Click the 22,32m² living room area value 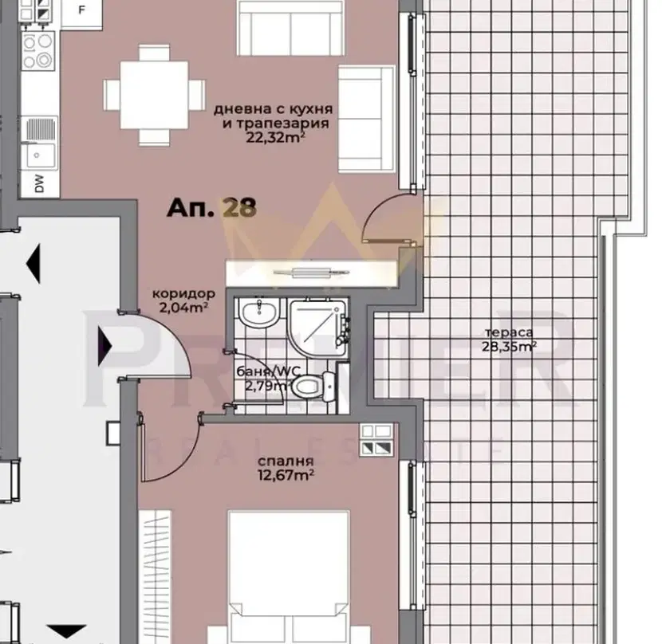pyautogui.click(x=275, y=138)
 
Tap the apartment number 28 pyautogui.click(x=239, y=208)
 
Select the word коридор pyautogui.click(x=183, y=293)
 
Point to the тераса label pyautogui.click(x=509, y=332)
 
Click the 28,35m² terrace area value pyautogui.click(x=509, y=347)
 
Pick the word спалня pyautogui.click(x=286, y=461)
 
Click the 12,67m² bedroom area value pyautogui.click(x=286, y=476)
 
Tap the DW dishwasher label pyautogui.click(x=39, y=184)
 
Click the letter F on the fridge pyautogui.click(x=82, y=10)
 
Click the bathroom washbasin pyautogui.click(x=258, y=312)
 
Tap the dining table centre pyautogui.click(x=154, y=95)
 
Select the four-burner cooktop pyautogui.click(x=37, y=51)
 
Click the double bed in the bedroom pyautogui.click(x=289, y=577)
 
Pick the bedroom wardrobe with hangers pyautogui.click(x=156, y=577)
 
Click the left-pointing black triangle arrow pyautogui.click(x=33, y=264)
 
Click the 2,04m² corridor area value pyautogui.click(x=183, y=307)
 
